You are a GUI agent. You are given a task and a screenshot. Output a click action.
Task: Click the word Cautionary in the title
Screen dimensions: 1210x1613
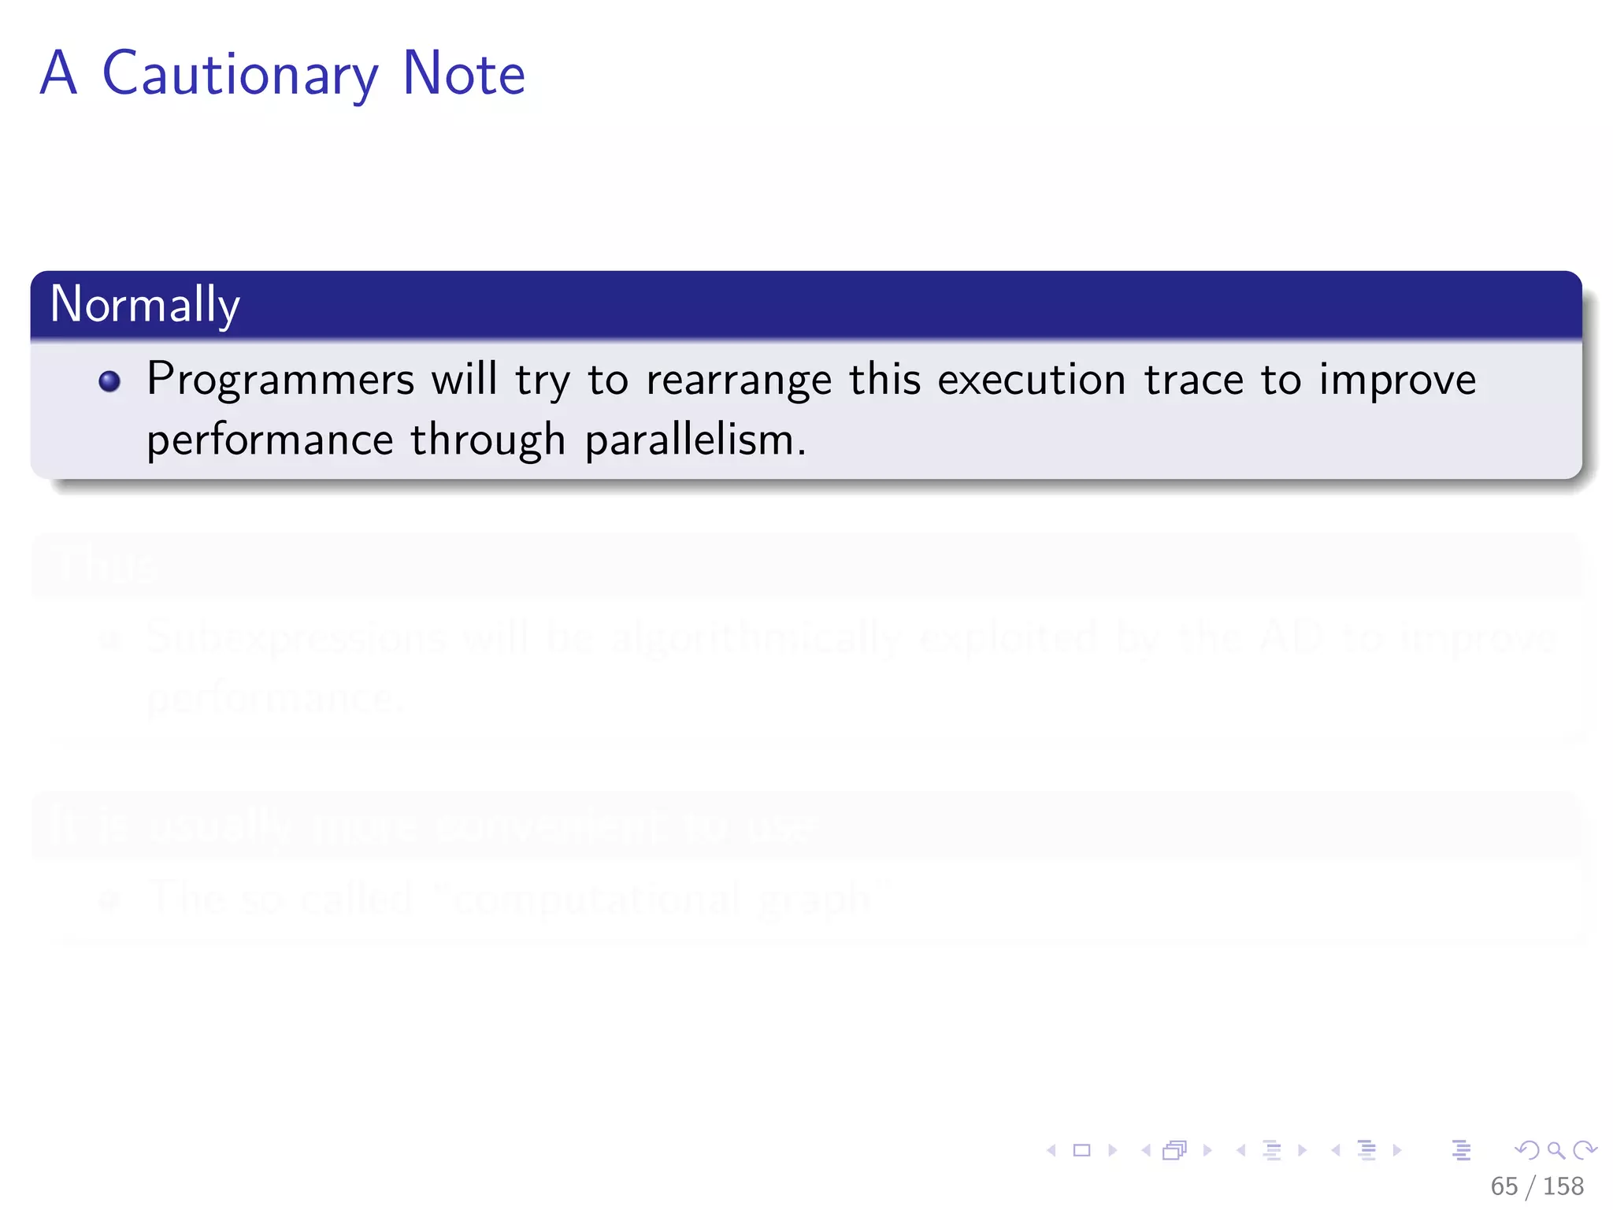240,74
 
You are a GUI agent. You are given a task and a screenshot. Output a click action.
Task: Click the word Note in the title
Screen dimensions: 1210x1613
463,74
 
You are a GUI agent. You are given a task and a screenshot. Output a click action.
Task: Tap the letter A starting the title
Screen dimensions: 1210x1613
59,74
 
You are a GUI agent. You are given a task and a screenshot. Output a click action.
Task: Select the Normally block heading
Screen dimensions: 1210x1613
145,305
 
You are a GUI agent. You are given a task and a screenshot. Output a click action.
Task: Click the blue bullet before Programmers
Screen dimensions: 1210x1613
109,382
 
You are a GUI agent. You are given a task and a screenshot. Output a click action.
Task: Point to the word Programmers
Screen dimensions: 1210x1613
280,380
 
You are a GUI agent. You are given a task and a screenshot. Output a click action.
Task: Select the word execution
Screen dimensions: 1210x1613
1032,380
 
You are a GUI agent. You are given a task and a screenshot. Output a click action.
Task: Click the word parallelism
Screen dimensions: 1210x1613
695,440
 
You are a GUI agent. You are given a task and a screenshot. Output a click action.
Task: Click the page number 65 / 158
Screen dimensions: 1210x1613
1537,1186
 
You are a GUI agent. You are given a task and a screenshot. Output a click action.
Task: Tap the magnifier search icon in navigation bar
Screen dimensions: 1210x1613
1556,1150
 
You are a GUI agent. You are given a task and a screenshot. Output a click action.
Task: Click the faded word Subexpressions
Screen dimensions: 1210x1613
296,637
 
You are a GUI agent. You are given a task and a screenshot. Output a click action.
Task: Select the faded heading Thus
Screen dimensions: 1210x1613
106,565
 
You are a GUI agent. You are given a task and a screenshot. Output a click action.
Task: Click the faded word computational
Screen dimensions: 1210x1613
596,898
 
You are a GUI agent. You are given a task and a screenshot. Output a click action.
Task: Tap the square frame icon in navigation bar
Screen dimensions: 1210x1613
1081,1150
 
